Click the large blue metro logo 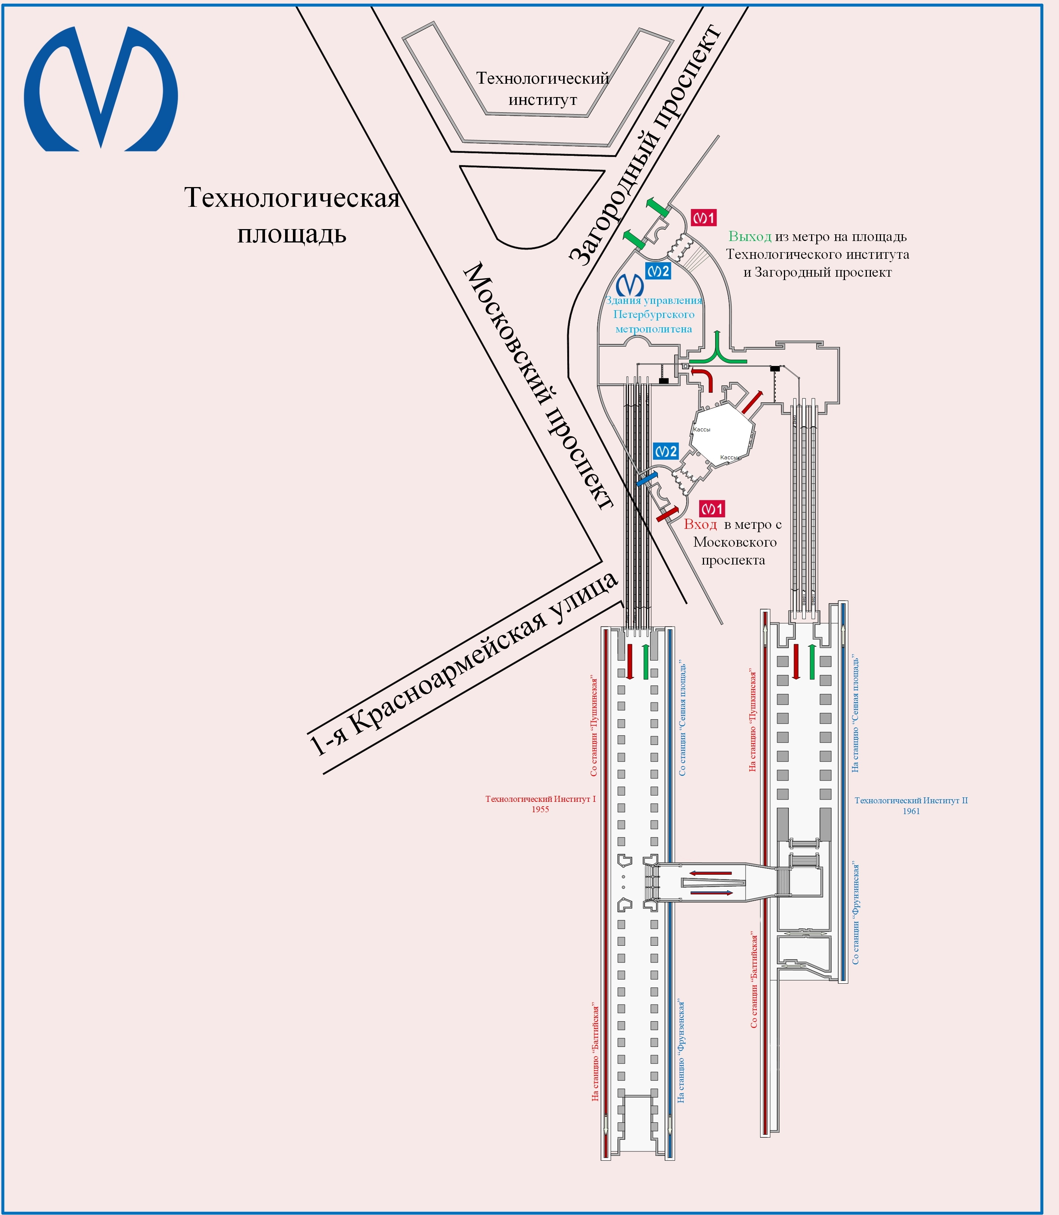click(100, 89)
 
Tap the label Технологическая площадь click(292, 215)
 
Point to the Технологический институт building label click(542, 89)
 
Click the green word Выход click(749, 237)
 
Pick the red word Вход click(700, 524)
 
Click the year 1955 click(540, 809)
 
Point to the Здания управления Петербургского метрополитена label click(653, 315)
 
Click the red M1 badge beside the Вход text click(711, 508)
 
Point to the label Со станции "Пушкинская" click(594, 727)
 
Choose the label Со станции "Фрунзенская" click(855, 913)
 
